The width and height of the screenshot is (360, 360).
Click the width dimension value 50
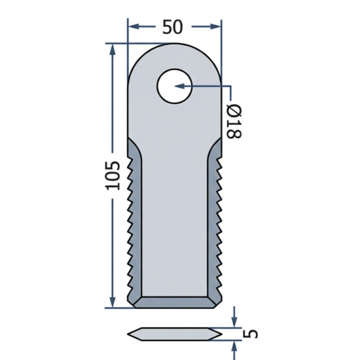(173, 27)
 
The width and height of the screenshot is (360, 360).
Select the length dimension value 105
(112, 175)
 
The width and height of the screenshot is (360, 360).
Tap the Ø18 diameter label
(234, 122)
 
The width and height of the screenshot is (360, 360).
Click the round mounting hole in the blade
(173, 86)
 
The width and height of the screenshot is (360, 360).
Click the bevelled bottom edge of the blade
(174, 302)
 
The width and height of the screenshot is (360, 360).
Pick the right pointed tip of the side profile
(221, 333)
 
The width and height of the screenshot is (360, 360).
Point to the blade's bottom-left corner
(130, 305)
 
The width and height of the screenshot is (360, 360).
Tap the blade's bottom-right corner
(219, 305)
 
